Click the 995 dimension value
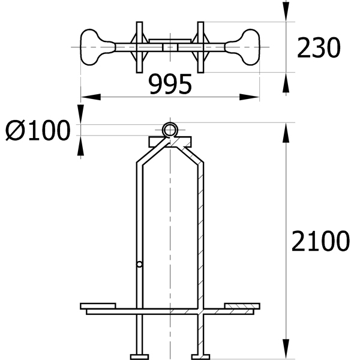(x=170, y=84)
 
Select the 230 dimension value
(x=319, y=48)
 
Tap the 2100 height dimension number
(x=320, y=241)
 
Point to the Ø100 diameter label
(x=38, y=130)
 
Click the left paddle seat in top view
(x=97, y=47)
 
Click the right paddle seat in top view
(x=243, y=47)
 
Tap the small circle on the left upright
(x=139, y=264)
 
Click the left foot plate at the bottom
(x=139, y=357)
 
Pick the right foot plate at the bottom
(x=200, y=357)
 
